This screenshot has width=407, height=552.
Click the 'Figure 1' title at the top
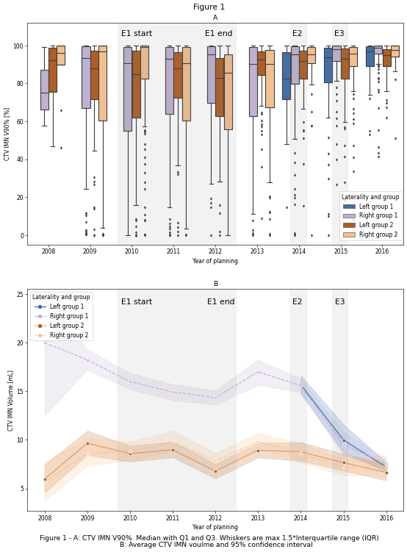click(209, 7)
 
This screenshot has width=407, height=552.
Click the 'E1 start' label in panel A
click(137, 34)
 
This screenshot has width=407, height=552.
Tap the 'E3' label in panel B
click(339, 301)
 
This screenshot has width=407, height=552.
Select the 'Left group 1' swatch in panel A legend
click(349, 207)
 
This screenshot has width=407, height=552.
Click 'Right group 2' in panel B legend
click(69, 335)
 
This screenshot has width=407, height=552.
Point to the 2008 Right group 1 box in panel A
click(45, 90)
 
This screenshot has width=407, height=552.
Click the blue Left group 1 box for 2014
click(287, 76)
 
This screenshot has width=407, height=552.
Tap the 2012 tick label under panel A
click(215, 251)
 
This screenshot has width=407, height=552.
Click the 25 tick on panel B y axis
click(20, 294)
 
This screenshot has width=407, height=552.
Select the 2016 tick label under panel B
click(386, 518)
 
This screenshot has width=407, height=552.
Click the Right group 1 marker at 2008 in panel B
click(45, 343)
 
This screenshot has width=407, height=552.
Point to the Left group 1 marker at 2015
click(344, 441)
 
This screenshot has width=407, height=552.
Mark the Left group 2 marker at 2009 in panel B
click(87, 443)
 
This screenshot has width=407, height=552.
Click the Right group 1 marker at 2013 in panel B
click(258, 372)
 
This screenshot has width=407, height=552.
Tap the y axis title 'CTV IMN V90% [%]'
click(7, 135)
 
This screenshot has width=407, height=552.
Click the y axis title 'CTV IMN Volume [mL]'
click(10, 401)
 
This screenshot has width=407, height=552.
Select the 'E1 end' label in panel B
click(220, 301)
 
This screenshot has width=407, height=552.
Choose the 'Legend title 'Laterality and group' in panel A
click(370, 197)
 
